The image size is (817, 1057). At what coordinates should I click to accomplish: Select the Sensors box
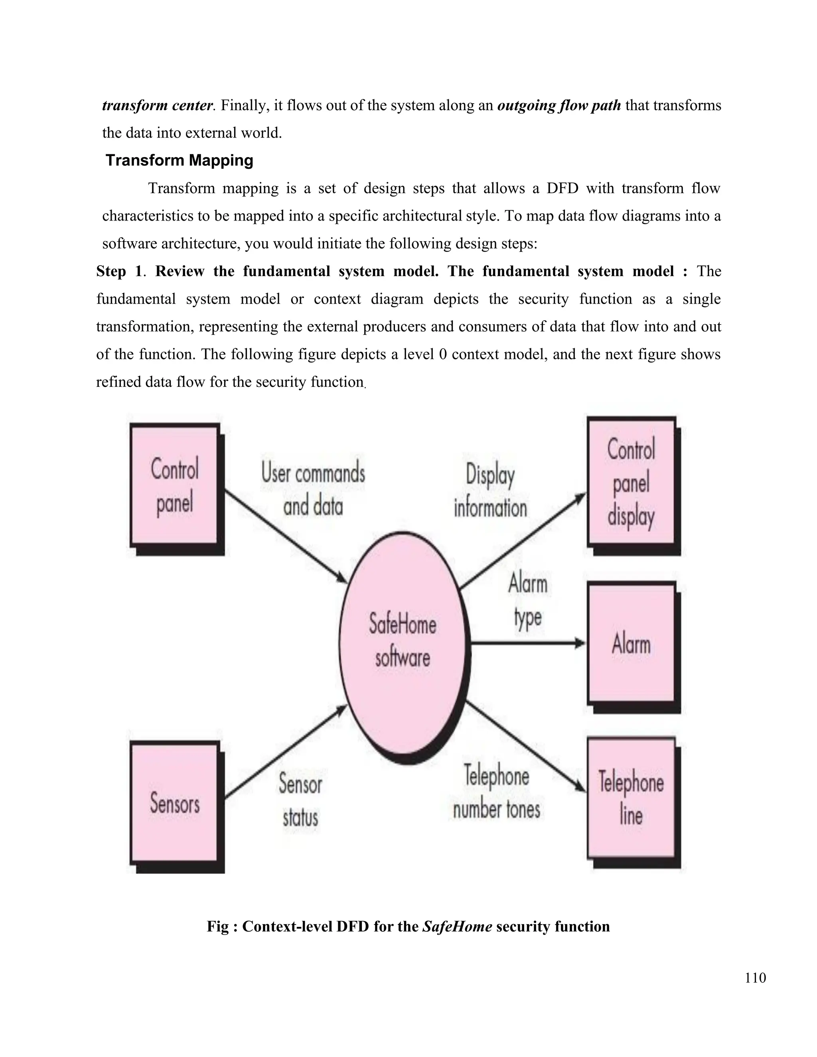coord(174,803)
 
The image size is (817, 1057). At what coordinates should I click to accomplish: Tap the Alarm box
coord(631,644)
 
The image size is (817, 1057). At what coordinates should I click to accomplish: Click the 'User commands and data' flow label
coord(313,489)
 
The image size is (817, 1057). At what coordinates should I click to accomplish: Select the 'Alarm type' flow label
coord(527,601)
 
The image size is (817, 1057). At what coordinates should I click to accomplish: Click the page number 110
coord(755,978)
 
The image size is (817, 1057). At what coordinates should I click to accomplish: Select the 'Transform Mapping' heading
coord(180,160)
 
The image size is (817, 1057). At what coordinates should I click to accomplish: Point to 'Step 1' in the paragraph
coord(119,271)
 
